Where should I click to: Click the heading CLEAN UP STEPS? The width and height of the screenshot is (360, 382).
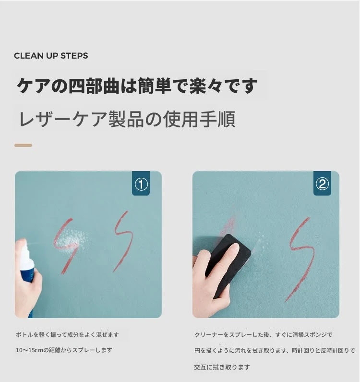pyautogui.click(x=51, y=56)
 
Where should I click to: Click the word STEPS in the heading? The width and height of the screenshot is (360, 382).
pyautogui.click(x=74, y=56)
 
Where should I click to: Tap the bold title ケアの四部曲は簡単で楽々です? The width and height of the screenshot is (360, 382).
pyautogui.click(x=137, y=86)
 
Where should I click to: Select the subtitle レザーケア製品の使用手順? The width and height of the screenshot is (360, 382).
pyautogui.click(x=127, y=119)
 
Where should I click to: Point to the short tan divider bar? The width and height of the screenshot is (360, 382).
pyautogui.click(x=24, y=146)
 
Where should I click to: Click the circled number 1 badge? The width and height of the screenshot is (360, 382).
pyautogui.click(x=141, y=184)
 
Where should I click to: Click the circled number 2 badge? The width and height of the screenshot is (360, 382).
pyautogui.click(x=322, y=184)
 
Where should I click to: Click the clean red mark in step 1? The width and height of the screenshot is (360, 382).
pyautogui.click(x=123, y=241)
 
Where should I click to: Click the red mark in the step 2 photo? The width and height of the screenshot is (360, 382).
pyautogui.click(x=300, y=259)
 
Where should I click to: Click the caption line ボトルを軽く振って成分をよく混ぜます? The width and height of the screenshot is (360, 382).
pyautogui.click(x=67, y=335)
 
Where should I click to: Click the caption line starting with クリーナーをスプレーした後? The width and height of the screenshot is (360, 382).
pyautogui.click(x=264, y=335)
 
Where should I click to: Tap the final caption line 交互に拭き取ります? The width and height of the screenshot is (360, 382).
pyautogui.click(x=222, y=367)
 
